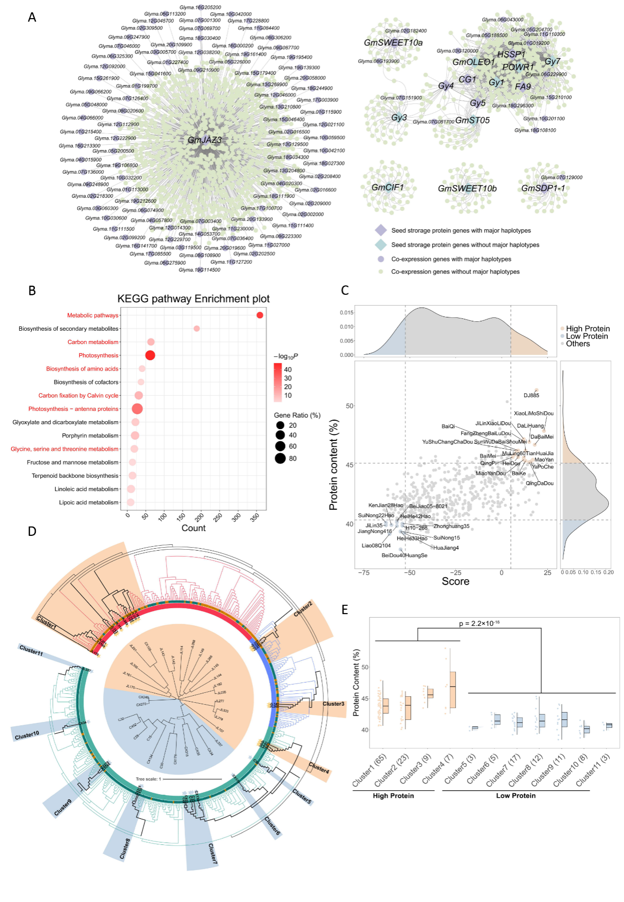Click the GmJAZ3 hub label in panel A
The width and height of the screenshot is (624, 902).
point(205,140)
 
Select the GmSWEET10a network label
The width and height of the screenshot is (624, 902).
point(393,43)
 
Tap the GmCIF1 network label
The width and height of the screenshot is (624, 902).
point(388,187)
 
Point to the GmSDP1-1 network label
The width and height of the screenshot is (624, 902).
point(543,188)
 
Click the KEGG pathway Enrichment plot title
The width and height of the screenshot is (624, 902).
point(193,299)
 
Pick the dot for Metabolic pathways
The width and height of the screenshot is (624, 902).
point(260,315)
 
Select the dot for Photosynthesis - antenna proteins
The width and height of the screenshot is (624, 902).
point(137,408)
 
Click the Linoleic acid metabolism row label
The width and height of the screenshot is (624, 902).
point(87,489)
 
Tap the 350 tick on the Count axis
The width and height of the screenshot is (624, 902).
point(255,517)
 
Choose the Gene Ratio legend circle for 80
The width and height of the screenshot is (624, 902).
point(281,459)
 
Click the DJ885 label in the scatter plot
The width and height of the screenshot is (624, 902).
point(531,395)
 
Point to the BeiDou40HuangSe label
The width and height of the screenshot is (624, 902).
point(405,556)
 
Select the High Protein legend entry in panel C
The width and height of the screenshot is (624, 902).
point(588,329)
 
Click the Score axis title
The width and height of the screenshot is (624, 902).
point(455,582)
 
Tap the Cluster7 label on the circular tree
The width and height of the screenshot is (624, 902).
point(213,853)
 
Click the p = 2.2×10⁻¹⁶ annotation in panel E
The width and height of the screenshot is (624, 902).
point(479,623)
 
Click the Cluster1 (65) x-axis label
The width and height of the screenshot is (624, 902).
point(370,771)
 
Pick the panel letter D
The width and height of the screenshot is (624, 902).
point(32,531)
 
